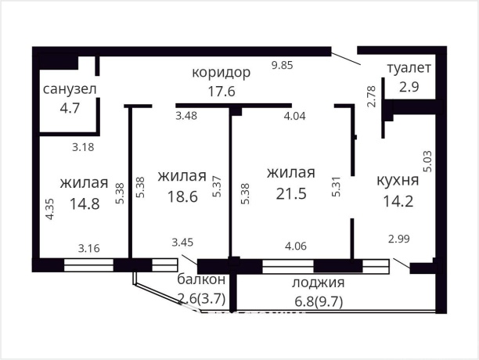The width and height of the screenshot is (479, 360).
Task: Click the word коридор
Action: tap(221, 73)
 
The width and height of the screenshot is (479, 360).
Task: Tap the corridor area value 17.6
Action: tap(221, 91)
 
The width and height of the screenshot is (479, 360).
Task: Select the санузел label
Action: tap(70, 88)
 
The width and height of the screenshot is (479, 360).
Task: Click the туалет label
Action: tap(409, 68)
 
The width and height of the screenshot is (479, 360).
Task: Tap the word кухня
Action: tap(398, 180)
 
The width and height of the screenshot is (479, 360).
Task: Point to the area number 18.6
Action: tap(182, 194)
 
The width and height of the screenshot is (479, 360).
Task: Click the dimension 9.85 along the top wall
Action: tap(282, 66)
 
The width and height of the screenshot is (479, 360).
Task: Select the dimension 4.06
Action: tap(295, 247)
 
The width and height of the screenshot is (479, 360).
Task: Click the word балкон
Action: tap(201, 279)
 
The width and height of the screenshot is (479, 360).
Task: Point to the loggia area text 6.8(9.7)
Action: tap(319, 300)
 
